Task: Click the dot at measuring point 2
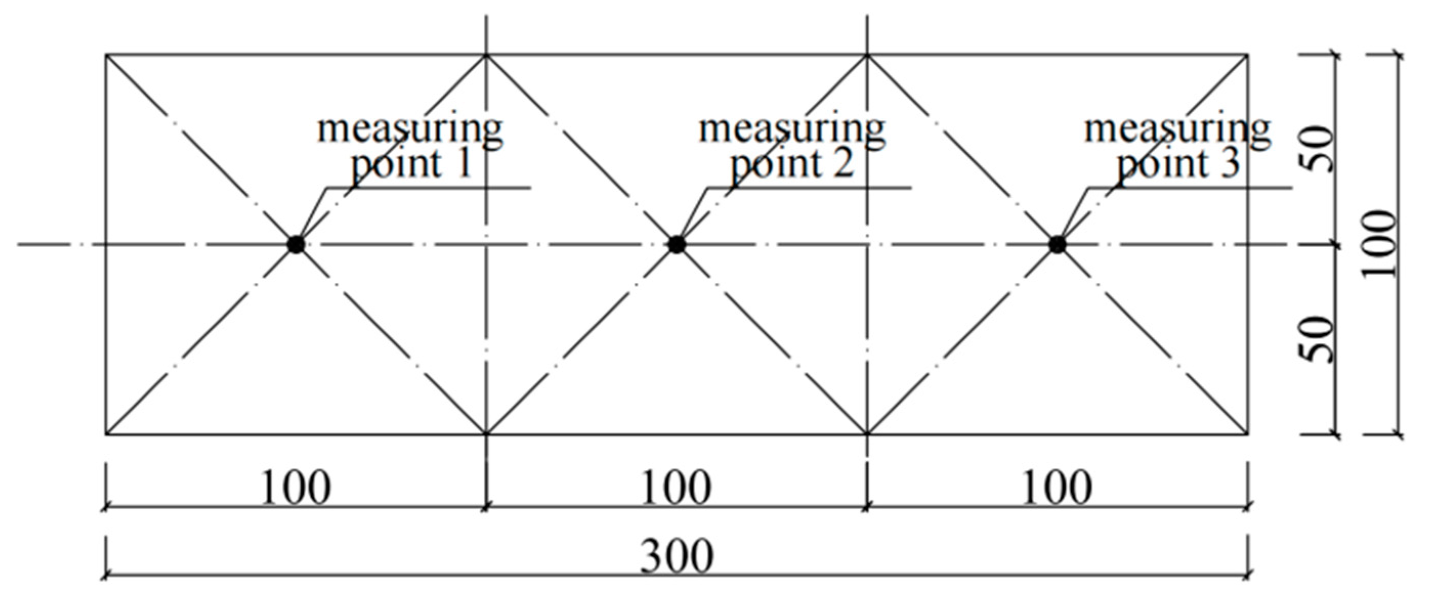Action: pos(676,244)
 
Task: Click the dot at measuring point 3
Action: pos(1057,244)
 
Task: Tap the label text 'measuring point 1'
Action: pos(410,146)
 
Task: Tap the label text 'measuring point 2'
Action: pos(791,146)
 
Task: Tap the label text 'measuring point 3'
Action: pos(1177,146)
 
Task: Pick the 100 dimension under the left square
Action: pos(295,488)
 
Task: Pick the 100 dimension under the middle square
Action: pos(676,488)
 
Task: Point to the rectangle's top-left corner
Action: pos(106,54)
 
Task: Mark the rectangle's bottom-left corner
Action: pos(106,434)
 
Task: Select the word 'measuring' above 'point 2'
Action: pos(791,130)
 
